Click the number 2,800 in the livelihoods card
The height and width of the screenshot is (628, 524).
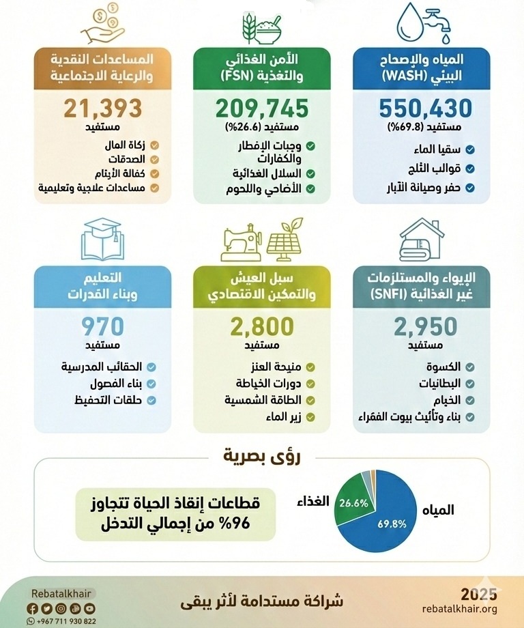click(x=263, y=326)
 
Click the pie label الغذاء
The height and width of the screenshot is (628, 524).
click(x=312, y=502)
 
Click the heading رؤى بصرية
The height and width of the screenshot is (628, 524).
click(x=263, y=455)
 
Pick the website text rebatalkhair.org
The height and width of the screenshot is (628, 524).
click(x=459, y=608)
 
